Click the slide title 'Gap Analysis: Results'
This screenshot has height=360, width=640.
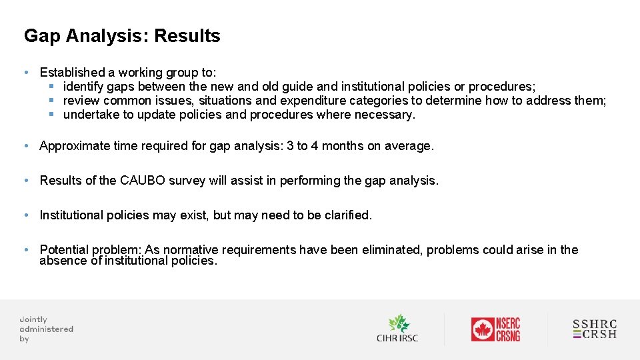[122, 36]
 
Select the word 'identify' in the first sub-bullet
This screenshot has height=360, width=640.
[83, 87]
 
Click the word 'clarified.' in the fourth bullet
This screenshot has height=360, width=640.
[348, 215]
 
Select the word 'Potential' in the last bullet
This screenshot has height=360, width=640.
[64, 250]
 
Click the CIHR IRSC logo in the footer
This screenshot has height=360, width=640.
[397, 329]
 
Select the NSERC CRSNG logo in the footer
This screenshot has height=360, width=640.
[495, 329]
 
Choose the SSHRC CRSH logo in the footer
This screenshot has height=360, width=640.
[595, 329]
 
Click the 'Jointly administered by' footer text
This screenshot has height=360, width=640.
[46, 329]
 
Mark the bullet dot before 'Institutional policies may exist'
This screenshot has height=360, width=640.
[25, 215]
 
